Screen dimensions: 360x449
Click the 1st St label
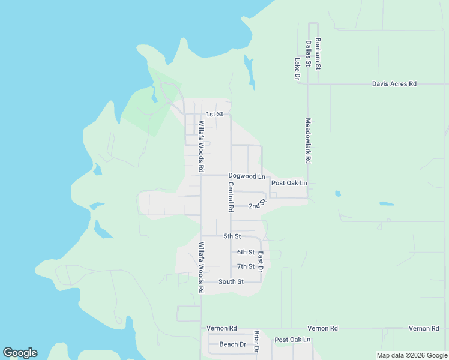[x=214, y=114]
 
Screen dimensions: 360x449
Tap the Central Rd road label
[x=230, y=197]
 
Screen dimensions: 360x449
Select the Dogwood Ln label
[x=246, y=176]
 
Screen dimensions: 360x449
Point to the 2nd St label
[x=257, y=205]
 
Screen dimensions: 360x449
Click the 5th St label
[x=232, y=236]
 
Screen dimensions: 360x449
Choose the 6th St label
[x=246, y=253]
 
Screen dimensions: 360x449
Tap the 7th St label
[x=246, y=266]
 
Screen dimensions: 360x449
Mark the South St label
[x=231, y=281]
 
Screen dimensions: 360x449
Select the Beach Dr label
[x=232, y=344]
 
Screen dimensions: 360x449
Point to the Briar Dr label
[x=256, y=341]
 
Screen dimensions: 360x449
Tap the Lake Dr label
[x=297, y=68]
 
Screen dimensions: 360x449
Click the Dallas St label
[x=307, y=54]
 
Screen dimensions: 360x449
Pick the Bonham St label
[x=318, y=53]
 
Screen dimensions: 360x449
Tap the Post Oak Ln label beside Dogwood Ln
[x=289, y=183]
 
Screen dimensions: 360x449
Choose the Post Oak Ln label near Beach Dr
[x=292, y=340]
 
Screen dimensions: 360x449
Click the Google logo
[x=20, y=353]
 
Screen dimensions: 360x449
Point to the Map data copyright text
[x=412, y=355]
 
